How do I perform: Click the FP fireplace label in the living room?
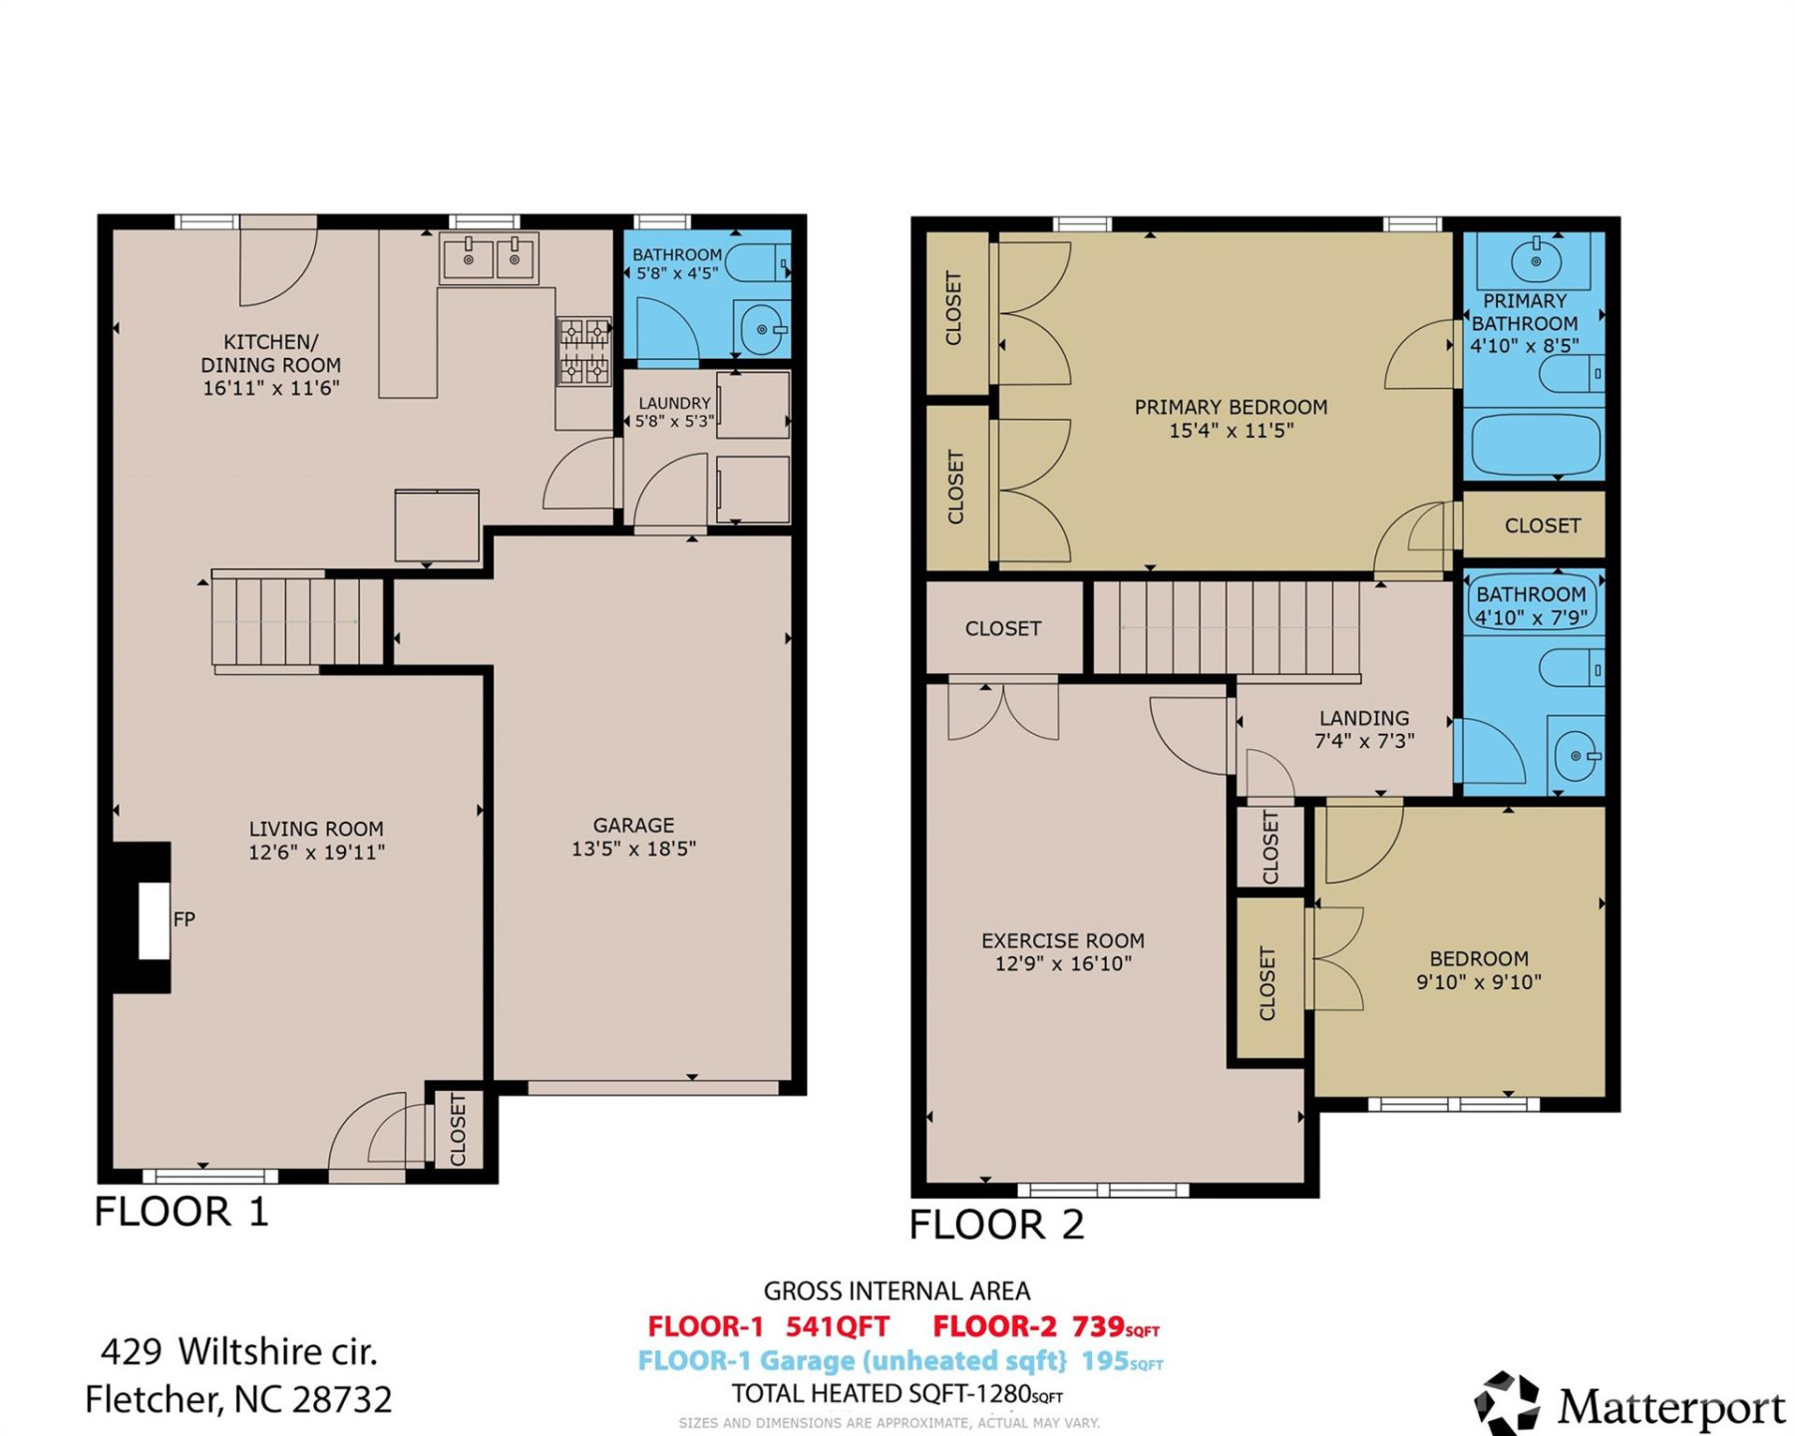point(183,919)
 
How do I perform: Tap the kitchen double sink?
point(490,258)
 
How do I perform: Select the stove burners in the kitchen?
point(584,351)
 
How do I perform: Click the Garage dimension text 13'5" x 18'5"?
point(633,849)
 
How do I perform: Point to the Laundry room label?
point(674,403)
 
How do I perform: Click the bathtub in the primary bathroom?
point(1536,445)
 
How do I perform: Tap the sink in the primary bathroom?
point(1536,261)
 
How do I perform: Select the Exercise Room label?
point(1062,940)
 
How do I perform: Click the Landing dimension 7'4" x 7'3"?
point(1364,741)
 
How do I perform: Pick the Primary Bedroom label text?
point(1231,407)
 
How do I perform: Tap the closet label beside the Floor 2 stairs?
point(1002,629)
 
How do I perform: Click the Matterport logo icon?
point(1507,1404)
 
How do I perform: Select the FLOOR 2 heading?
point(995,1225)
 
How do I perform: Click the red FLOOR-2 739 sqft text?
point(1045,1327)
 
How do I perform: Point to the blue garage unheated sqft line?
point(899,1361)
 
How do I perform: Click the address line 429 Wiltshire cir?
point(239,1352)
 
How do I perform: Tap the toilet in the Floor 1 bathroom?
point(758,264)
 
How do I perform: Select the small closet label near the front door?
point(459,1130)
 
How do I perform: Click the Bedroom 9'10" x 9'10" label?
point(1478,970)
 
